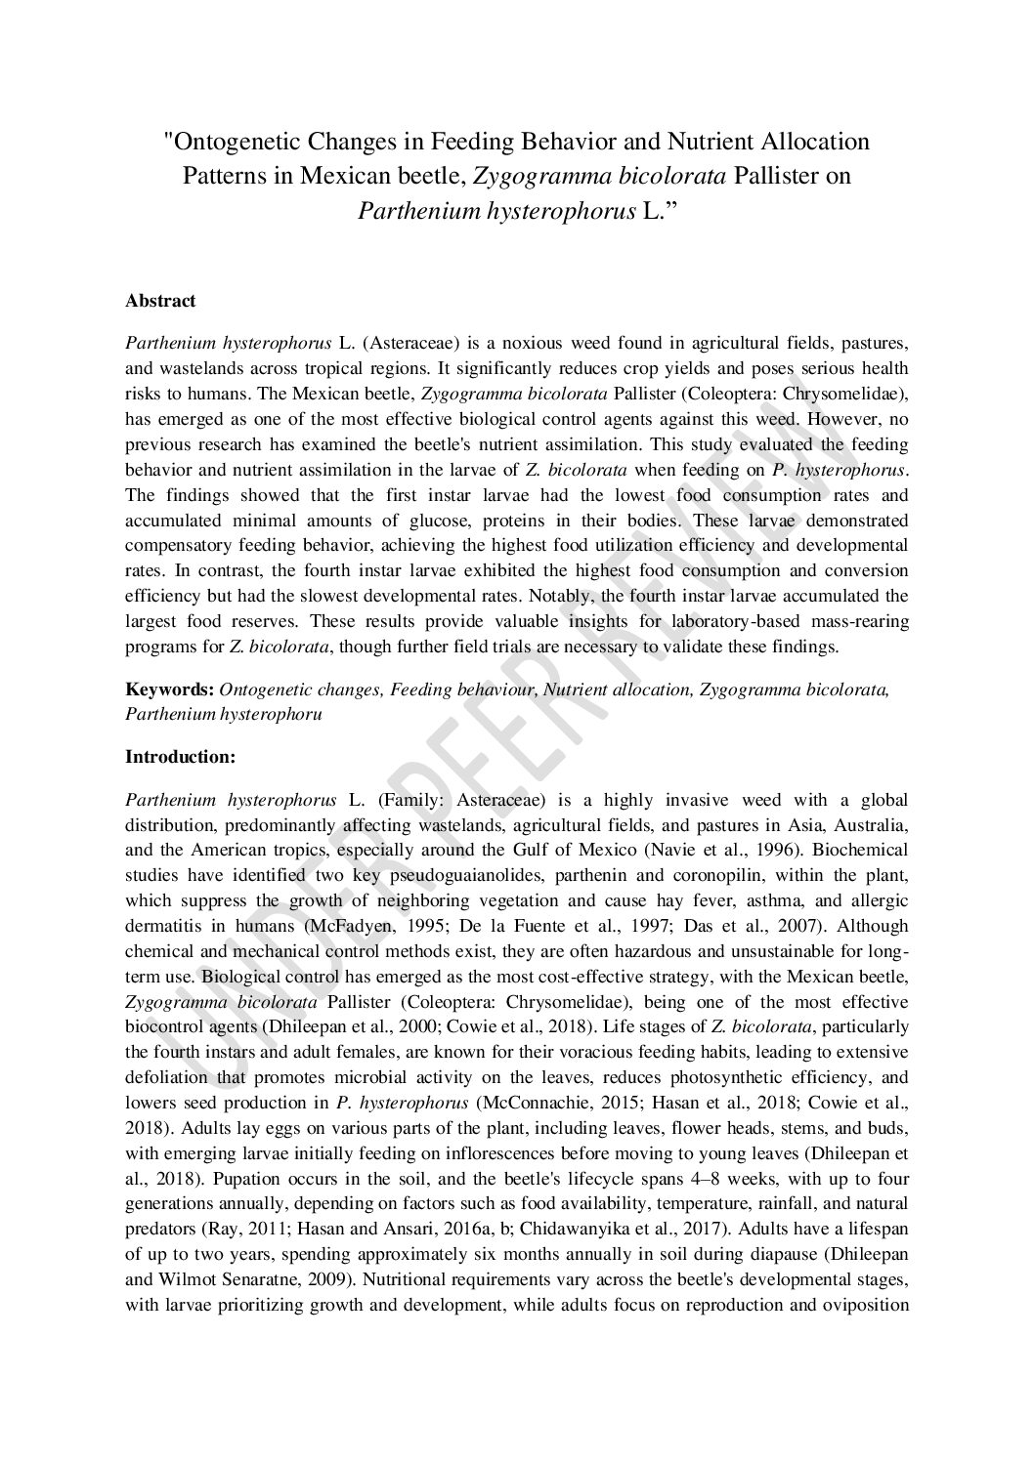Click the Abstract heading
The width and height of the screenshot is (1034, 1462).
pos(160,301)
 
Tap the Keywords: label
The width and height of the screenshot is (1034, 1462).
pos(169,689)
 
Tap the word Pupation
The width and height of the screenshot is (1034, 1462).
pos(159,1178)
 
